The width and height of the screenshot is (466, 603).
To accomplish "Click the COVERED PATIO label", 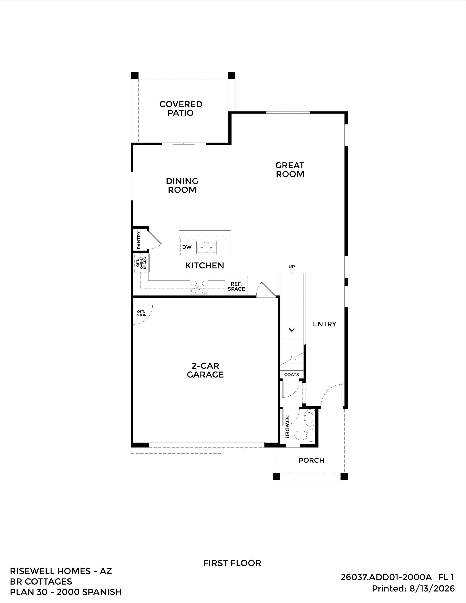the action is tap(181, 109).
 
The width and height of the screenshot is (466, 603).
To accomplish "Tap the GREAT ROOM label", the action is tap(290, 170).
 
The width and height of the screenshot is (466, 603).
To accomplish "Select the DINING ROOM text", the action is tap(182, 185).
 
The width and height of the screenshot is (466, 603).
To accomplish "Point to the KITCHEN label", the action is tap(204, 266).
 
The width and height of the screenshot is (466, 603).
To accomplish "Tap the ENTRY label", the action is tap(324, 324).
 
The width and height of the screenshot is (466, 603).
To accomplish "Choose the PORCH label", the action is tap(311, 460).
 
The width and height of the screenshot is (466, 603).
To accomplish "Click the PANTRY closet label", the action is tap(139, 240).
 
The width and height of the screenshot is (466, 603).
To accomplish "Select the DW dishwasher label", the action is tap(187, 247).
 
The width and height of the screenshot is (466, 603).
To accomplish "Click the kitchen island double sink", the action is tap(207, 247).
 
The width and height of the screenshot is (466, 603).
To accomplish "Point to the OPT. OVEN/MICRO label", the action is tap(141, 263).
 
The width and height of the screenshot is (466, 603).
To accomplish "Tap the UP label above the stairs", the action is tap(292, 267).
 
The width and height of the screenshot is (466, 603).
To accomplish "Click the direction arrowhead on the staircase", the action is tap(292, 330).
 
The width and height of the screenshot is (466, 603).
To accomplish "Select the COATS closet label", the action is tap(291, 375).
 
